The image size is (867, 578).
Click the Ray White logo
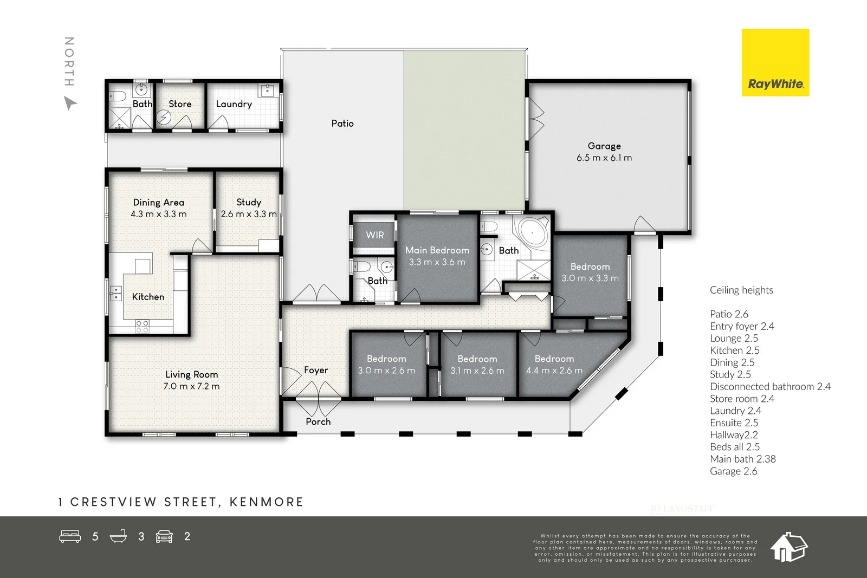[x=775, y=63]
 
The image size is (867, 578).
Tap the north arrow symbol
[x=70, y=103]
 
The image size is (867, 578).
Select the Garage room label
[x=604, y=146]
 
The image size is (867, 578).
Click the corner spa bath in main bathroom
[x=532, y=232]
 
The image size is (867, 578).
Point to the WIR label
[x=374, y=235]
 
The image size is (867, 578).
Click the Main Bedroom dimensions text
[x=437, y=262]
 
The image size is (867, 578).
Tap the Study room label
[x=249, y=202]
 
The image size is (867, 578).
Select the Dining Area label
[x=158, y=202]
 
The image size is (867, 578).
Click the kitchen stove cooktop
[x=142, y=326]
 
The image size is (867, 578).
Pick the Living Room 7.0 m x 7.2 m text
[x=191, y=386]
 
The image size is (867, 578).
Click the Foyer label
[x=316, y=370]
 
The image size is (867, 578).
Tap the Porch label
[x=318, y=421]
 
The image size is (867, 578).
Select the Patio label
[x=342, y=124]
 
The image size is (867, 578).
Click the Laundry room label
[x=234, y=104]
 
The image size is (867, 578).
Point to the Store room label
[x=180, y=104]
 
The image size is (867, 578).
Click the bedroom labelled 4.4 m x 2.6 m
[x=554, y=365]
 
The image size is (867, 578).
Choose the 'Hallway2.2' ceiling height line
[x=734, y=435]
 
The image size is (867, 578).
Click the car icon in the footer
[x=164, y=536]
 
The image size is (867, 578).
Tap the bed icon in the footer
[x=70, y=536]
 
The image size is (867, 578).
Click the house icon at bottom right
[x=788, y=547]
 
